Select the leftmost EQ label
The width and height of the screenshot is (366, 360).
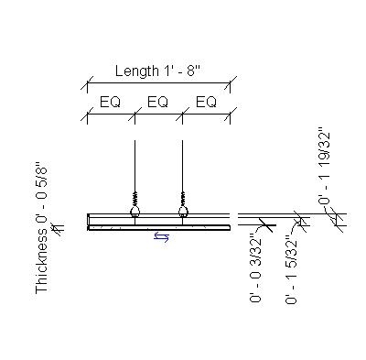(x=111, y=102)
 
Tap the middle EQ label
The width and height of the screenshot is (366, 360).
(x=158, y=102)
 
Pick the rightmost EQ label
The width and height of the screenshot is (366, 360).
(x=206, y=102)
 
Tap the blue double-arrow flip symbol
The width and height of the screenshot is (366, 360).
(x=161, y=237)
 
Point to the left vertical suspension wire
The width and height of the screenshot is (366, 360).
(x=135, y=165)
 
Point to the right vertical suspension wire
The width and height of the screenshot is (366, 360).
(x=183, y=165)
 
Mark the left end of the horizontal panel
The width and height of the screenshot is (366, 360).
(x=89, y=221)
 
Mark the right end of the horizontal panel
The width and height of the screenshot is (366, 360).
(x=229, y=221)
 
